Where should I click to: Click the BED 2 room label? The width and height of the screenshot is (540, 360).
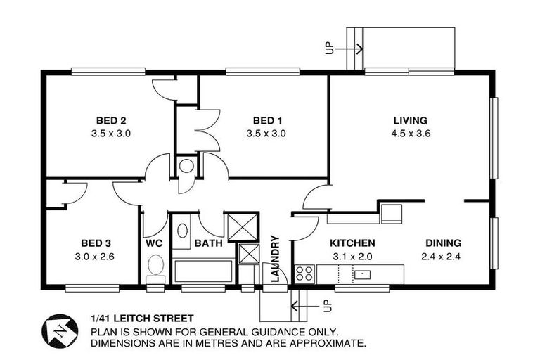(111, 120)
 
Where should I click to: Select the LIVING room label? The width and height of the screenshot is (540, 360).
(410, 120)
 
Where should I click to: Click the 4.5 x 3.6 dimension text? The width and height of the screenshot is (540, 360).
(410, 133)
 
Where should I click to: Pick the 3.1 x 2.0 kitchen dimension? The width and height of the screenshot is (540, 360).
(352, 257)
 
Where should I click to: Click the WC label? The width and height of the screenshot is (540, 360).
(155, 243)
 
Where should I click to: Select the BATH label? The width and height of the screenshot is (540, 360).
(208, 243)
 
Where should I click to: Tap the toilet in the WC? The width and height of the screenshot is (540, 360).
(156, 268)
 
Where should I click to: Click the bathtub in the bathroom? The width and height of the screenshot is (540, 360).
(202, 271)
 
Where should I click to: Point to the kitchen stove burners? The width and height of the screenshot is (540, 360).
(304, 273)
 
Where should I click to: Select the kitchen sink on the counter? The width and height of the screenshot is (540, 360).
(362, 273)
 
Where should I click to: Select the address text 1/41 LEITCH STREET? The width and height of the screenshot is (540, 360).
(141, 319)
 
